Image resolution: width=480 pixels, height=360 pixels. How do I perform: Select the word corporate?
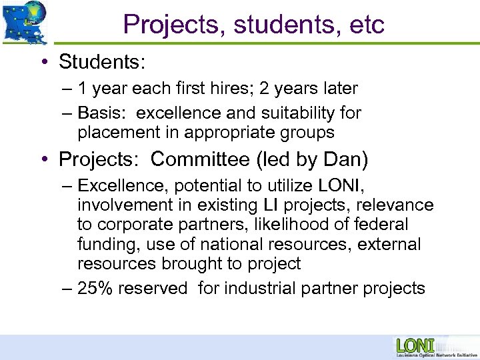tap(138, 225)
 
